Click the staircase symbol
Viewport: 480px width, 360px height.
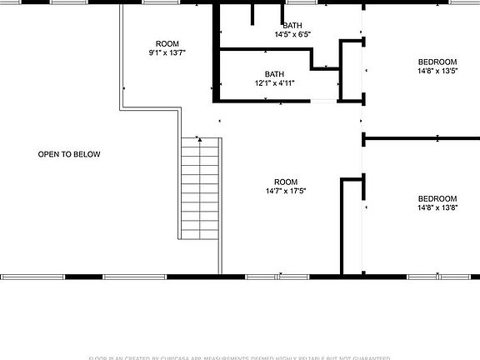(x=200, y=187)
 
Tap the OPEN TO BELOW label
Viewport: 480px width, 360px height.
(x=69, y=154)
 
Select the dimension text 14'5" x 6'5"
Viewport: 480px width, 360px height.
(x=292, y=35)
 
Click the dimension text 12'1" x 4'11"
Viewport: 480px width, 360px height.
(x=274, y=83)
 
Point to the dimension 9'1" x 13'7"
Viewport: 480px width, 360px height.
(x=167, y=52)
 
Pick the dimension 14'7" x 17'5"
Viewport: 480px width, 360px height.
(x=286, y=192)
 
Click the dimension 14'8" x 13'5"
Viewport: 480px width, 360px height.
(x=437, y=72)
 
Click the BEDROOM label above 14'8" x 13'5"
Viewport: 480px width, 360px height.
(x=437, y=62)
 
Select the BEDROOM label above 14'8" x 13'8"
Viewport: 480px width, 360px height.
(x=437, y=198)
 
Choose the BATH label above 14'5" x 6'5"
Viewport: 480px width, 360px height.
(x=292, y=26)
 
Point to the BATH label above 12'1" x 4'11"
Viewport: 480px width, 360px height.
(x=274, y=73)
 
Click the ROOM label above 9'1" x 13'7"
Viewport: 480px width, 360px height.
(x=167, y=43)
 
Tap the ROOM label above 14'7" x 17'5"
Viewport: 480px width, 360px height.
(x=286, y=182)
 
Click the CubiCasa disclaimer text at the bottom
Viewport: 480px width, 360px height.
(x=240, y=357)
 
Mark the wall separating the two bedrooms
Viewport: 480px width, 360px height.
(x=421, y=137)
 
